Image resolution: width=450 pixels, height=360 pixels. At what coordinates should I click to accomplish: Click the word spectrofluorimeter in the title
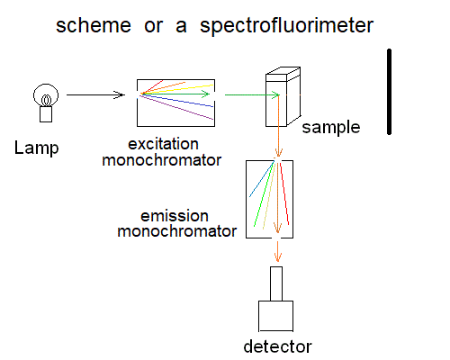coord(286,26)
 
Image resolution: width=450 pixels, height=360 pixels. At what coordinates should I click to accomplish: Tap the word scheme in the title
coord(94,25)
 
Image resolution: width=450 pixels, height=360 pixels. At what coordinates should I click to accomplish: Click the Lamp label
coord(36,148)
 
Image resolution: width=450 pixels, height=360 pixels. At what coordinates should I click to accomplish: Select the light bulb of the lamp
coord(46,95)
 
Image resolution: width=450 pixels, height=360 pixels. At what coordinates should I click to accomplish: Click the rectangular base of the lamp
coord(46,114)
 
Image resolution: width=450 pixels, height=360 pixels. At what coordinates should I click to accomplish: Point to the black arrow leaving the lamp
coord(95,94)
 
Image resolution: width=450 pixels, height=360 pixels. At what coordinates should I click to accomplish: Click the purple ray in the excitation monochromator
coord(177,107)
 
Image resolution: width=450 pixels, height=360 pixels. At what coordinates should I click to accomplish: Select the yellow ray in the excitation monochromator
coord(177,89)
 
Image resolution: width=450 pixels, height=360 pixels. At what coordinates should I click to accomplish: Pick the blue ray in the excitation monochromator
coord(177,101)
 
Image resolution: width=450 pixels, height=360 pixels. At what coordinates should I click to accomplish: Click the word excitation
coord(163,144)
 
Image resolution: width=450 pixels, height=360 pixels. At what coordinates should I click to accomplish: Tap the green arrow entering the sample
coord(252,94)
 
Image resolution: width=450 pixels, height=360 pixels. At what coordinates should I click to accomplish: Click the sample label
coord(331,127)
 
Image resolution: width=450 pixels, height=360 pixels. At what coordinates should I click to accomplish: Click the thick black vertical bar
coord(389,92)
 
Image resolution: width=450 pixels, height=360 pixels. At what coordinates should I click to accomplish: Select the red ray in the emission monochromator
coord(284,193)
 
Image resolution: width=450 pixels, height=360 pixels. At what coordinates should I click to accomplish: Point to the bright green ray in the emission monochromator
coord(264,194)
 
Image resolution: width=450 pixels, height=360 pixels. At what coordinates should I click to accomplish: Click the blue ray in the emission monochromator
coord(262,179)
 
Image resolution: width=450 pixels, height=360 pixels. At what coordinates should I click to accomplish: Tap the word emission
coord(175,216)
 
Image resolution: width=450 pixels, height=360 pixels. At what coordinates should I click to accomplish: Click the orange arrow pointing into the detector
coord(278,251)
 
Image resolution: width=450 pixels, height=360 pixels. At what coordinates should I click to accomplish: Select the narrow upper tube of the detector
coord(276,283)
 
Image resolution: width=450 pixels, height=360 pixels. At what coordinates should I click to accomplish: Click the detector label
coord(277,346)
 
